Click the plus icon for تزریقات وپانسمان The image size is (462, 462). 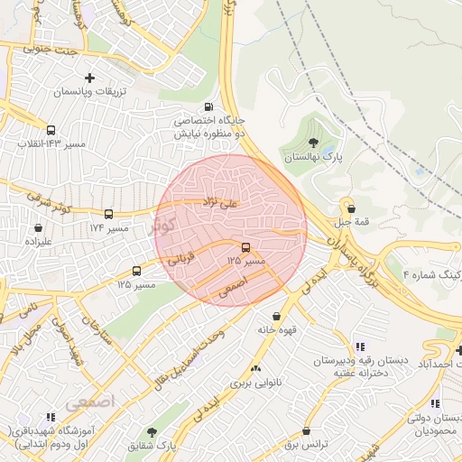pos(89,79)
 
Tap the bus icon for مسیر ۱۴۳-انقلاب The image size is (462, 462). pos(50,130)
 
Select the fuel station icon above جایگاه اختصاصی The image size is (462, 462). pos(210,106)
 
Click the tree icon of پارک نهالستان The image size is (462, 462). pos(313,143)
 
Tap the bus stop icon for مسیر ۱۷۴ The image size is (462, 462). pos(109,215)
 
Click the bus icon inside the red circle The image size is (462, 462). pos(245,247)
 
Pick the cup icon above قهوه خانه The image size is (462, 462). pos(276,317)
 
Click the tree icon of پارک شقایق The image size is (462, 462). pos(152,432)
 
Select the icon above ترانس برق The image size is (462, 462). pos(308,431)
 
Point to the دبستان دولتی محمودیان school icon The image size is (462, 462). pos(436,404)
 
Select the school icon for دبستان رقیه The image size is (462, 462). pos(360,346)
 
